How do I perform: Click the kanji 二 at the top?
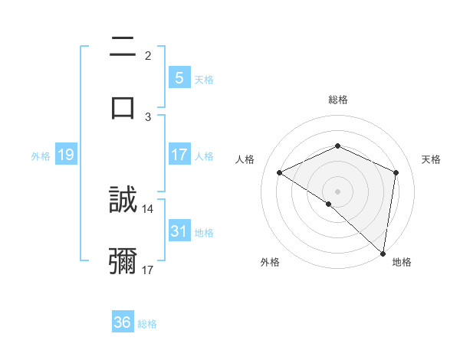(x=123, y=47)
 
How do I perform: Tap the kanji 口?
(x=123, y=106)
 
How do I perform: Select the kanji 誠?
(x=123, y=201)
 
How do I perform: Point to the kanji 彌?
(x=123, y=261)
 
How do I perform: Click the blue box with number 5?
(x=179, y=78)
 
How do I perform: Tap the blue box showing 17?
(x=179, y=155)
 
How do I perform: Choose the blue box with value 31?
(x=179, y=231)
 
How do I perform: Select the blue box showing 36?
(x=123, y=322)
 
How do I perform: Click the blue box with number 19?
(x=65, y=155)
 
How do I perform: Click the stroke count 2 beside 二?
(x=148, y=55)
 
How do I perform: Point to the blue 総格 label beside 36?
(x=147, y=324)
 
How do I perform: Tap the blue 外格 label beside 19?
(x=41, y=156)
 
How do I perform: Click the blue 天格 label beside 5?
(x=204, y=80)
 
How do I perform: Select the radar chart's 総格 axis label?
(x=338, y=100)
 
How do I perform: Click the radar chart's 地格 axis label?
(x=402, y=262)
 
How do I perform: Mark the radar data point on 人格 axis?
(x=280, y=172)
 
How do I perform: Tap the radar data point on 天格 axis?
(x=396, y=172)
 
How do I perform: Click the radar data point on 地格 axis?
(x=383, y=252)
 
